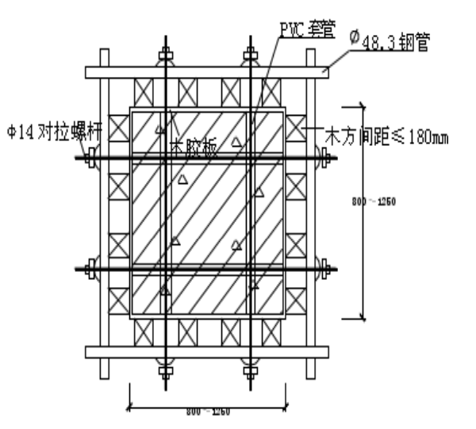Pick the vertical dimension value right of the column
tap(374, 202)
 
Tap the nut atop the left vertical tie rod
tap(166, 56)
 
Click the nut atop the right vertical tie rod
tap(251, 56)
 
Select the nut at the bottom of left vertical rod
tap(166, 368)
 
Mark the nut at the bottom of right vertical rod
tap(251, 368)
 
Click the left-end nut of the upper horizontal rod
tap(90, 157)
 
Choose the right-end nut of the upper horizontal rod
tap(324, 157)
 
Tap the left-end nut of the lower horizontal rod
tap(90, 269)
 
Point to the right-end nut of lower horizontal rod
tap(324, 269)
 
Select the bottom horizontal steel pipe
tap(206, 351)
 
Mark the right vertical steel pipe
tap(311, 214)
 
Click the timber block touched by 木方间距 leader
tap(296, 127)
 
